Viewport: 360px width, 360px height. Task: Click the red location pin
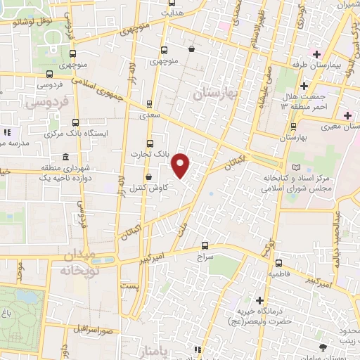point(181,165)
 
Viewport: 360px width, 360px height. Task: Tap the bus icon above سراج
point(205,245)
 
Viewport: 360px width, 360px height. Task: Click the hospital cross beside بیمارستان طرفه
point(317,54)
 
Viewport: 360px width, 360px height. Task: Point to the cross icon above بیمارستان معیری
point(347,115)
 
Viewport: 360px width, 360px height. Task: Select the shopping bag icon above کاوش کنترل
point(148,176)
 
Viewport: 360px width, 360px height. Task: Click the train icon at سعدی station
point(148,103)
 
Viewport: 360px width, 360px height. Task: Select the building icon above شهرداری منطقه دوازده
point(65,156)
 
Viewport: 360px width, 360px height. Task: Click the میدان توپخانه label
point(77,261)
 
